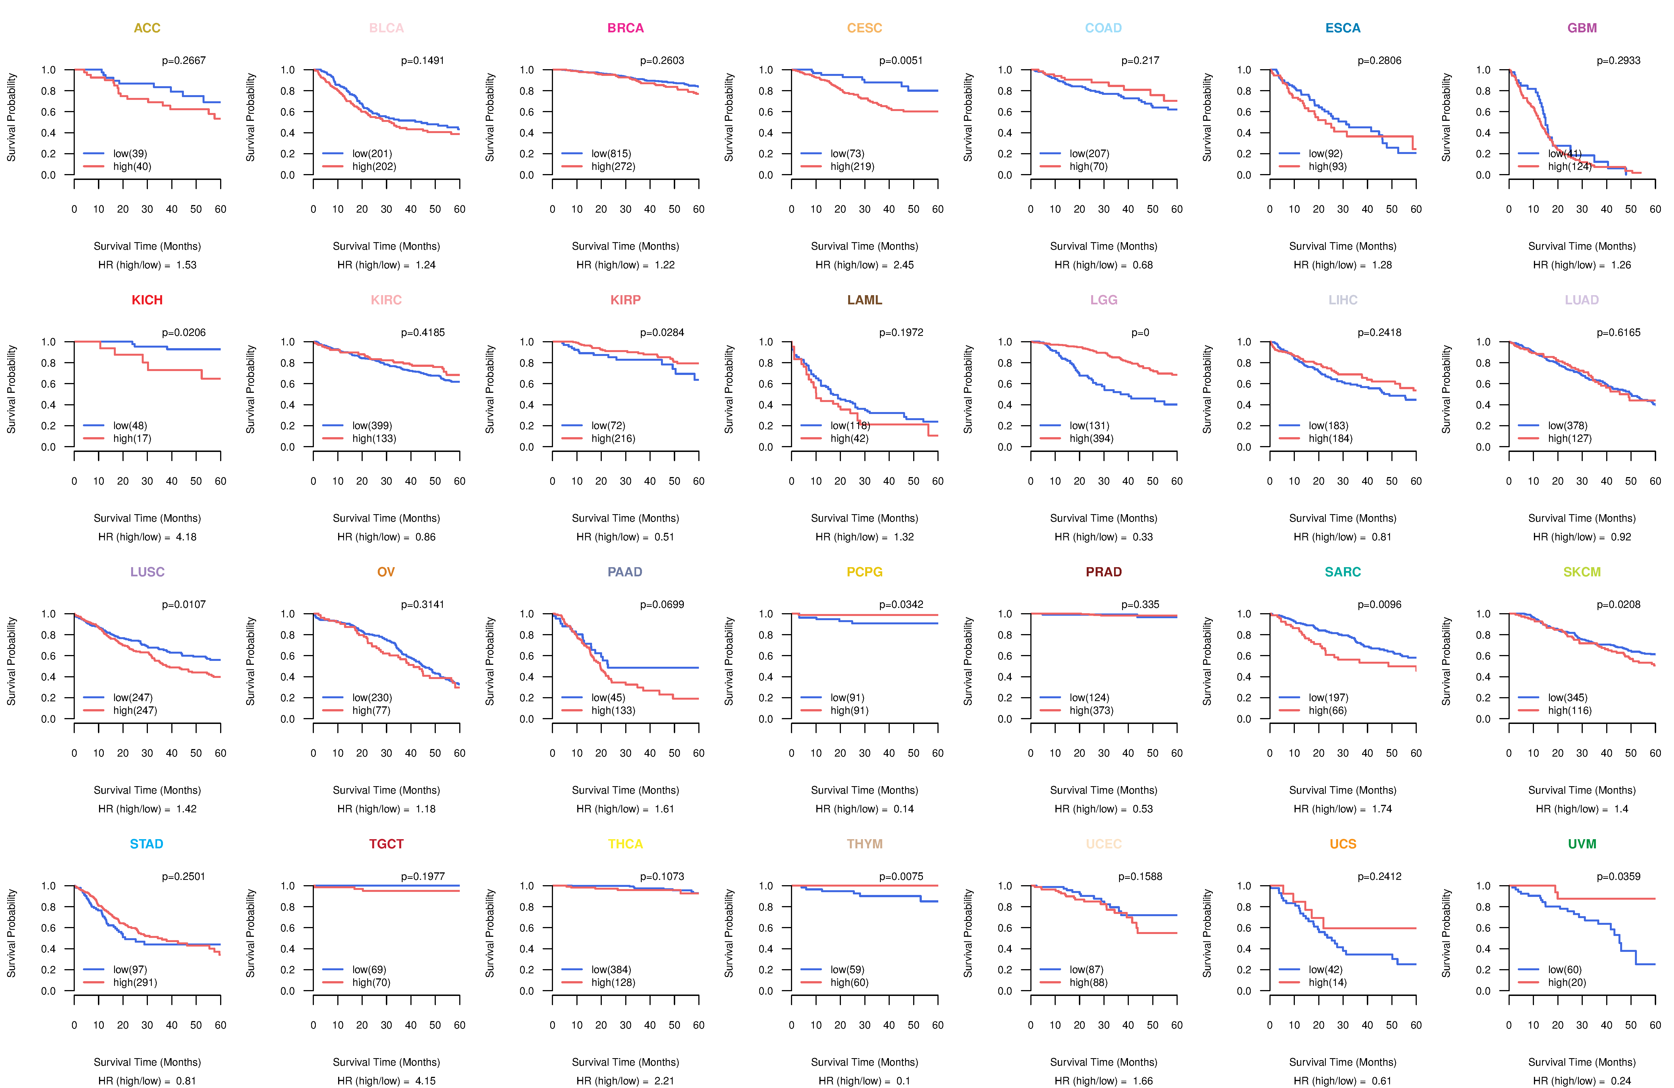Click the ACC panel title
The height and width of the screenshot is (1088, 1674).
pyautogui.click(x=147, y=28)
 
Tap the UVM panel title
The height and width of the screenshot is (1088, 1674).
pyautogui.click(x=1582, y=844)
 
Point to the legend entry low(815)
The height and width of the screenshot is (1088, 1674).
pyautogui.click(x=610, y=153)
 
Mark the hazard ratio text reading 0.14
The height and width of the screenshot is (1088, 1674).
pyautogui.click(x=904, y=809)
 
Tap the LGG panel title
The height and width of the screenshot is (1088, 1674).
pyautogui.click(x=1103, y=300)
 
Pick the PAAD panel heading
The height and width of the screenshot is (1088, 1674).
pyautogui.click(x=625, y=572)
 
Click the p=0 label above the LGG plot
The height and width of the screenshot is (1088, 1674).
pyautogui.click(x=1140, y=333)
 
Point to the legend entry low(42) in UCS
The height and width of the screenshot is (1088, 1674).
pyautogui.click(x=1325, y=969)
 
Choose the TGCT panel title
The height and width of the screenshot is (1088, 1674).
pyautogui.click(x=386, y=844)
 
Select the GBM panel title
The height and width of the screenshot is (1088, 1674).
pyautogui.click(x=1582, y=28)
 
